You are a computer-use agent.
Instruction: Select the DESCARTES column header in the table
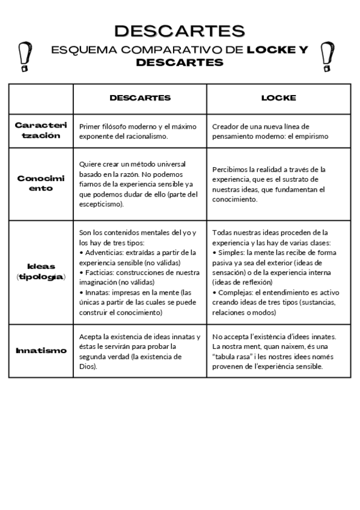[x=140, y=97]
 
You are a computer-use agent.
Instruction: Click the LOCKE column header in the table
[x=278, y=97]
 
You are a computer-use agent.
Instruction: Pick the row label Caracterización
[x=41, y=131]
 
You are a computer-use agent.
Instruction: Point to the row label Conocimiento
[x=41, y=183]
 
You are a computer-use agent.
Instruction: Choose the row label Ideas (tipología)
[x=41, y=271]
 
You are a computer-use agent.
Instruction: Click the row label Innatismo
[x=41, y=350]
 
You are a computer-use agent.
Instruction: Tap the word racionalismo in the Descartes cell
[x=143, y=137]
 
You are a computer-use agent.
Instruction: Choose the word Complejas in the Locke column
[x=235, y=292]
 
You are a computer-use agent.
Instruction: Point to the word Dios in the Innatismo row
[x=87, y=366]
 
